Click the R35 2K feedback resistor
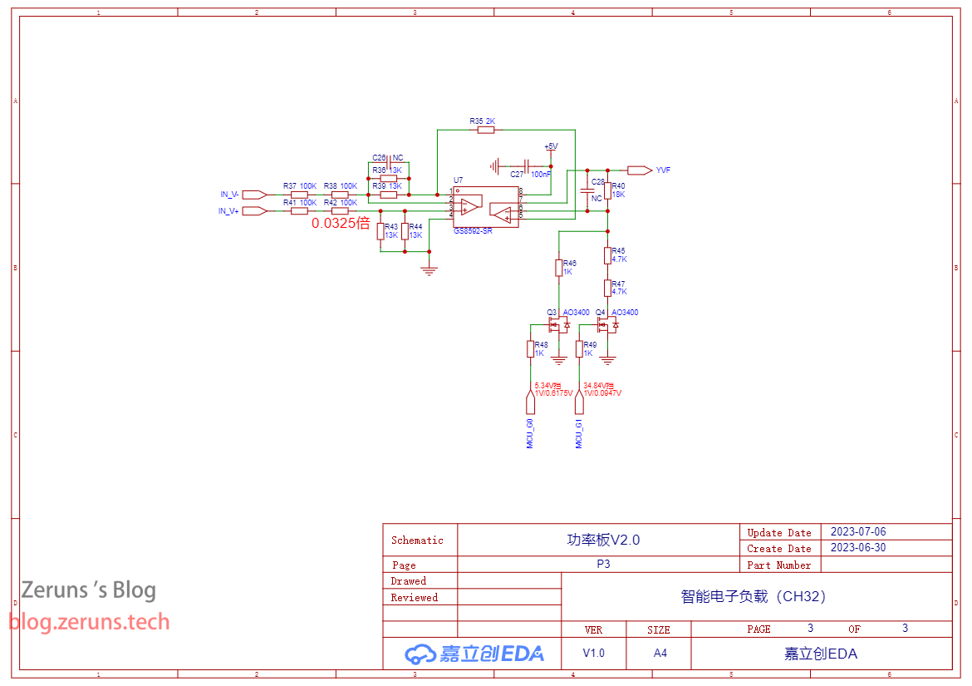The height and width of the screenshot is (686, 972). click(x=487, y=129)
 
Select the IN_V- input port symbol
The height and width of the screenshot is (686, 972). click(x=254, y=195)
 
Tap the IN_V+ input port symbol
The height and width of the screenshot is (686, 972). click(x=254, y=211)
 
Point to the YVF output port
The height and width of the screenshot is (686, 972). click(x=640, y=170)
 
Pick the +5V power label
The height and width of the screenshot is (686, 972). click(x=550, y=146)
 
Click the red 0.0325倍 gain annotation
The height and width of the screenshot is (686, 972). click(x=341, y=224)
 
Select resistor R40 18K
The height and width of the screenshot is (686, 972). click(x=608, y=190)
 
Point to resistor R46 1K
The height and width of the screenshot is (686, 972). click(x=559, y=267)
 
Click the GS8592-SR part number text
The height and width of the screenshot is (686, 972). click(x=473, y=231)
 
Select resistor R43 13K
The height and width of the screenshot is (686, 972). click(x=380, y=231)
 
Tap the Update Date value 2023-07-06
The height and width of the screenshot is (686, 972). click(x=857, y=532)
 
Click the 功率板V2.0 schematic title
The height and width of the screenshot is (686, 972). click(x=603, y=540)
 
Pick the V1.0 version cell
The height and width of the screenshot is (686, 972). click(x=593, y=653)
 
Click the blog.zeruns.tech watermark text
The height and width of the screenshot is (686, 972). click(x=89, y=622)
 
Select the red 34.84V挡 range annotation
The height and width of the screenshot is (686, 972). click(x=598, y=386)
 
